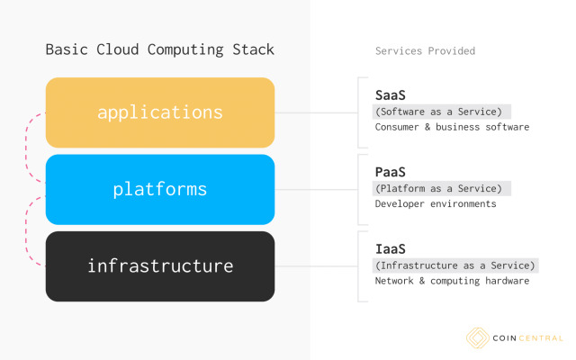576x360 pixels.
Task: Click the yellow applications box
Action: pyautogui.click(x=160, y=112)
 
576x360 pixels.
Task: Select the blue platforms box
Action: pyautogui.click(x=160, y=189)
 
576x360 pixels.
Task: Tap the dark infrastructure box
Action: pyautogui.click(x=160, y=266)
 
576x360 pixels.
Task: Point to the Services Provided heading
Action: pyautogui.click(x=425, y=51)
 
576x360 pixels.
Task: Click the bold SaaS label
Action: pyautogui.click(x=391, y=94)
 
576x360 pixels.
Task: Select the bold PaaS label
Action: pyautogui.click(x=391, y=171)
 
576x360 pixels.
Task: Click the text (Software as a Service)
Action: pyautogui.click(x=442, y=112)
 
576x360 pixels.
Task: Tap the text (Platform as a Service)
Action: pyautogui.click(x=442, y=188)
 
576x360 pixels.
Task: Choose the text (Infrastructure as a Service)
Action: pyautogui.click(x=455, y=265)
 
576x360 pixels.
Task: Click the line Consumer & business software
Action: pyautogui.click(x=452, y=128)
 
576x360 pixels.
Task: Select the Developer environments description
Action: pyautogui.click(x=436, y=204)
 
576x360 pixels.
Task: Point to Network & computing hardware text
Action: pyautogui.click(x=452, y=282)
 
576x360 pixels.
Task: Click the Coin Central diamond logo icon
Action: pyautogui.click(x=477, y=338)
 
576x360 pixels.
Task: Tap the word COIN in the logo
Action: pyautogui.click(x=504, y=338)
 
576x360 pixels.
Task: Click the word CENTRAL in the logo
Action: pyautogui.click(x=540, y=338)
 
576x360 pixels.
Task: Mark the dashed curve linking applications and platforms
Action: pyautogui.click(x=34, y=151)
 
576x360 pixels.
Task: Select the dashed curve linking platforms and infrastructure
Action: pyautogui.click(x=34, y=228)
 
